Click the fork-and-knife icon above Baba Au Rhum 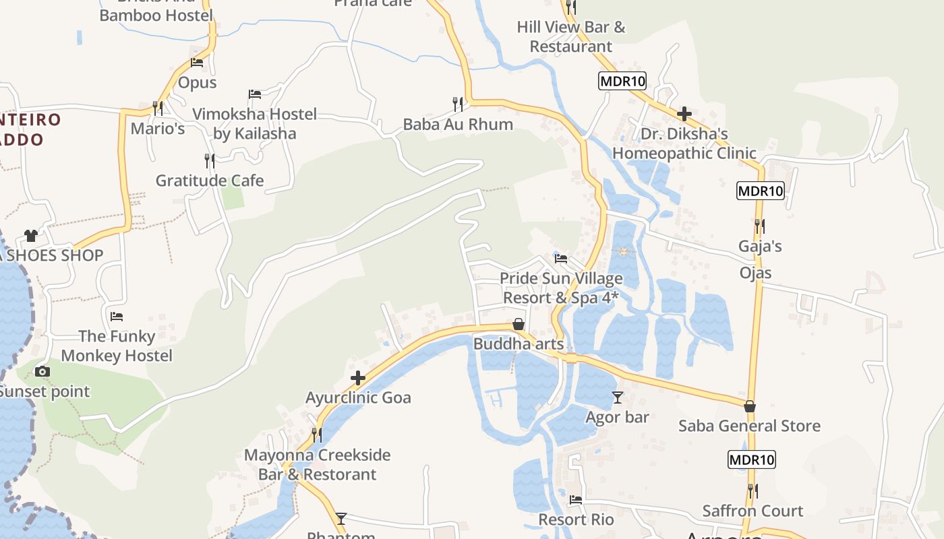click(x=458, y=104)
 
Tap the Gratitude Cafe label click(x=210, y=181)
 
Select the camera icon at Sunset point click(x=42, y=371)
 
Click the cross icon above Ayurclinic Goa click(x=358, y=378)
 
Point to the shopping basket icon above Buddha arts click(x=519, y=325)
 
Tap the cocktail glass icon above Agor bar click(x=617, y=398)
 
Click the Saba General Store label click(x=749, y=426)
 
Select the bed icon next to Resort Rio click(x=576, y=500)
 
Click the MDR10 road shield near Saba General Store click(x=752, y=460)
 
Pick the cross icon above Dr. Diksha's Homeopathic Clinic click(x=684, y=113)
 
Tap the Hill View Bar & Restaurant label click(x=571, y=37)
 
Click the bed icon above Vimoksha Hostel click(x=255, y=94)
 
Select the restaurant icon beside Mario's click(x=157, y=108)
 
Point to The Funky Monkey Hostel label click(x=117, y=346)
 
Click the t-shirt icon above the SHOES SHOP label click(x=31, y=235)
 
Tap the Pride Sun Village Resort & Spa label click(x=561, y=288)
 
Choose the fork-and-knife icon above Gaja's click(x=760, y=226)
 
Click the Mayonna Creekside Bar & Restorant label click(x=317, y=464)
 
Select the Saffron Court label click(x=753, y=511)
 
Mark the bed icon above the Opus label click(x=197, y=63)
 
